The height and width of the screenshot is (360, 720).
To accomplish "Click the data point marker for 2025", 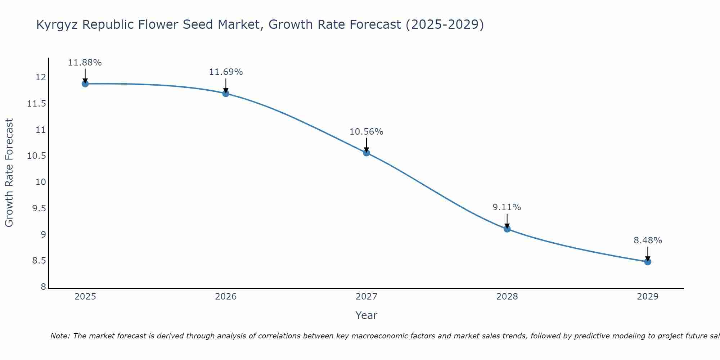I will tap(85, 84).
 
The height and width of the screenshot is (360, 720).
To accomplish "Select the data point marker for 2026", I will tap(226, 94).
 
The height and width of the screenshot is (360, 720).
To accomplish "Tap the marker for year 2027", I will tap(366, 153).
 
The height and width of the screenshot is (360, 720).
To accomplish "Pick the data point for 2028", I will tap(507, 229).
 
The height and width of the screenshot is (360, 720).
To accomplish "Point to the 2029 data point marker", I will tap(648, 262).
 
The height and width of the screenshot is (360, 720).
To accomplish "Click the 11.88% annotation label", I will tap(85, 63).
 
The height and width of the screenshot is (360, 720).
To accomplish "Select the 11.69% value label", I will tap(226, 72).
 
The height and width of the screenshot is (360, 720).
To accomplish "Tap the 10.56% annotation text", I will tap(366, 132).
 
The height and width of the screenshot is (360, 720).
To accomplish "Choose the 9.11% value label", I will tap(507, 207).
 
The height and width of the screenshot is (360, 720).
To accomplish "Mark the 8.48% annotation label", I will tap(648, 240).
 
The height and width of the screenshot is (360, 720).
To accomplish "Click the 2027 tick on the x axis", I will tap(366, 297).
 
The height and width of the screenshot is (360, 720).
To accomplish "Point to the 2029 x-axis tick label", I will tap(648, 297).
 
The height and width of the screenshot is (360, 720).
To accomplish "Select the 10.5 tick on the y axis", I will tap(37, 156).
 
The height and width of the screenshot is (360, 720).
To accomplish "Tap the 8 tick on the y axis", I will tap(43, 287).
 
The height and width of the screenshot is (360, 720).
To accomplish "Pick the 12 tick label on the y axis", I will tap(41, 77).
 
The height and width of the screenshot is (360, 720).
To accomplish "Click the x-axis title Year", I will tap(366, 315).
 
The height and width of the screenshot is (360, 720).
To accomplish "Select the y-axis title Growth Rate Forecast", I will tap(9, 172).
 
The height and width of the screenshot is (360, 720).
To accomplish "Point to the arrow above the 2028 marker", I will tap(507, 221).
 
